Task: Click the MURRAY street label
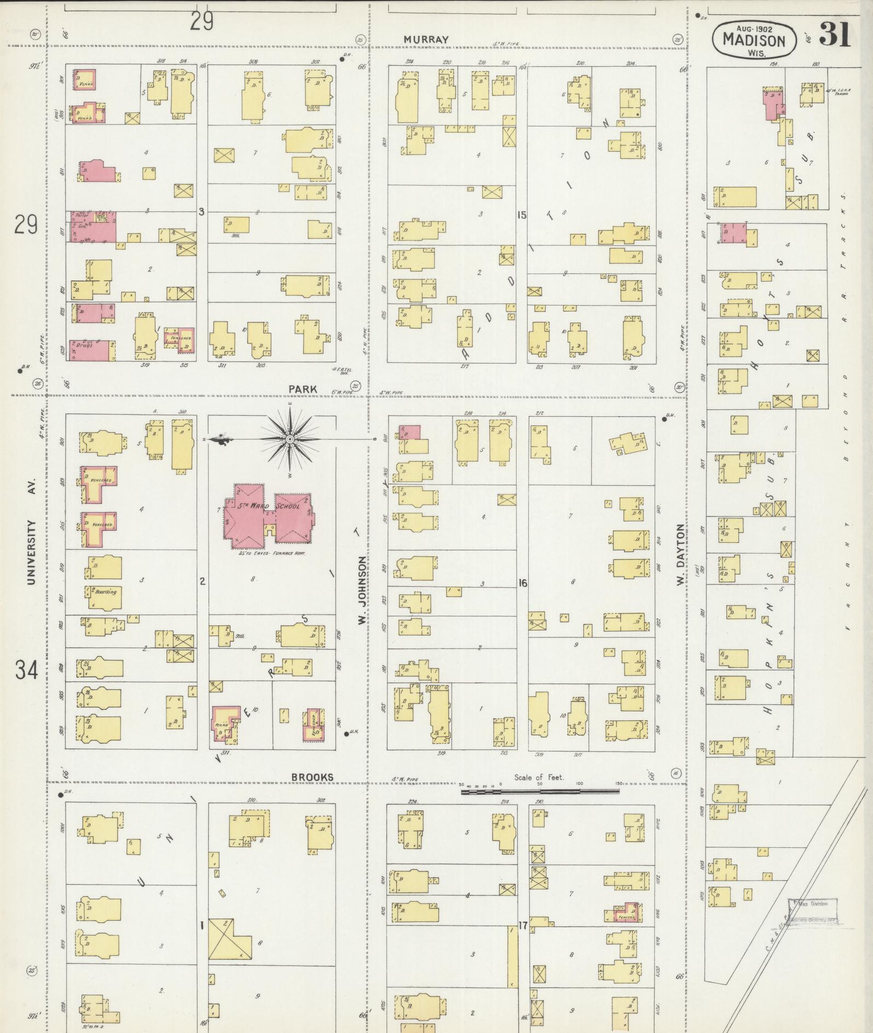[x=426, y=39]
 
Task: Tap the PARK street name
[x=303, y=389]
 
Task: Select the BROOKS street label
[x=311, y=777]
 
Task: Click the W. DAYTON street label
[x=680, y=554]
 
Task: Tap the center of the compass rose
[x=290, y=439]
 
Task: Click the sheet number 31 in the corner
[x=835, y=35]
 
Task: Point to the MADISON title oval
[x=754, y=41]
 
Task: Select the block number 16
[x=522, y=583]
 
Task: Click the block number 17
[x=523, y=926]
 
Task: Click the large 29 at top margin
[x=201, y=22]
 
